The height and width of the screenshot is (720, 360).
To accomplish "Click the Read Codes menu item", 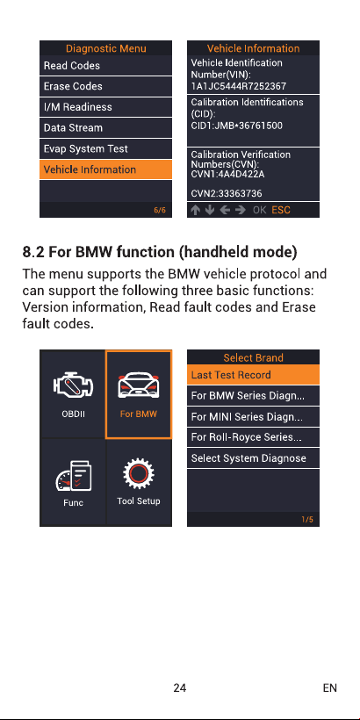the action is point(105,66).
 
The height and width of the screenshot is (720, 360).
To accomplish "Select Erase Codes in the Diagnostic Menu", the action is point(105,86).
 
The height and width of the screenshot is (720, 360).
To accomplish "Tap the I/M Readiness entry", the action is point(105,107).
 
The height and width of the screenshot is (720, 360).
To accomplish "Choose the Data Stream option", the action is point(105,127).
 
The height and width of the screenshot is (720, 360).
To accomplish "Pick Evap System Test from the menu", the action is point(105,148).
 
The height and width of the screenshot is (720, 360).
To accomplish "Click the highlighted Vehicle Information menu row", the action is point(105,169).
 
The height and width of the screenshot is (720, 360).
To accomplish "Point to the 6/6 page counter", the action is point(160,211).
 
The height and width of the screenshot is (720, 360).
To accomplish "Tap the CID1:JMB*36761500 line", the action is point(237,126).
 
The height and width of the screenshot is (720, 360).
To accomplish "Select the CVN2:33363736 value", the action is point(227,194).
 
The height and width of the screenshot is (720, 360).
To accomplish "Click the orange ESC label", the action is point(281,211).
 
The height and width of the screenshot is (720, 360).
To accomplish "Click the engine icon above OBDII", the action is point(73,385).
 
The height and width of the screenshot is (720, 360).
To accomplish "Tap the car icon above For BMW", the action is point(138,385).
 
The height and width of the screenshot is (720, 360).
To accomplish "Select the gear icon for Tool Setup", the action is point(138,474).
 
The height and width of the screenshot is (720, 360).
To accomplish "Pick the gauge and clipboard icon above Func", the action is point(73,477).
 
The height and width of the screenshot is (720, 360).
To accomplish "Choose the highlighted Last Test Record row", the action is point(253,375).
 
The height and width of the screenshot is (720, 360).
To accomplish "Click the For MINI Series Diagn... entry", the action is point(253,417).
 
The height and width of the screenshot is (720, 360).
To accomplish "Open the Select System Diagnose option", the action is point(253,458).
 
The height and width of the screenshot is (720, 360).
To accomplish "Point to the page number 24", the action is point(179,688).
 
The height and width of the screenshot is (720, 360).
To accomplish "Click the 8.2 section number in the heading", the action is point(33,252).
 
